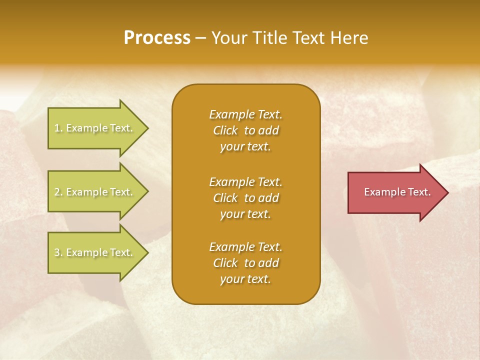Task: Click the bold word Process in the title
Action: (x=157, y=38)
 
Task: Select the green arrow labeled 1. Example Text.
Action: (x=95, y=128)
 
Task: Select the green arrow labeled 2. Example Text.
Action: (x=95, y=192)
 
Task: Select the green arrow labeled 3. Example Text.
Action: (x=95, y=252)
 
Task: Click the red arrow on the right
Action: (x=395, y=192)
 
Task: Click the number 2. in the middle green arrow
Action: (x=58, y=192)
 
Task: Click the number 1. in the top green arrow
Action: (x=58, y=128)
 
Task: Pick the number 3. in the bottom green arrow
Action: (x=58, y=252)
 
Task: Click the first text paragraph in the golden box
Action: (x=245, y=130)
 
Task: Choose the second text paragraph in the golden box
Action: (x=245, y=198)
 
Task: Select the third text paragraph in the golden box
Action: (x=245, y=263)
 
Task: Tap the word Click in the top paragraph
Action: (x=225, y=130)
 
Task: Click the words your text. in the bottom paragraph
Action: (x=245, y=279)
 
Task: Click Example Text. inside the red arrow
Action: (x=397, y=192)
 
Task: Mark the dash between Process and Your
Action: (x=200, y=38)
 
